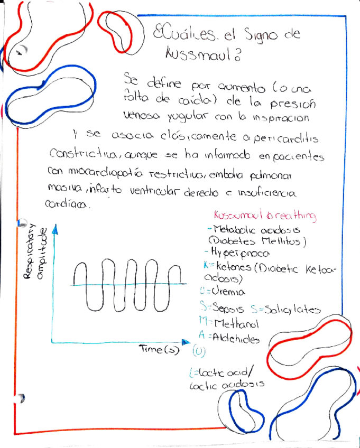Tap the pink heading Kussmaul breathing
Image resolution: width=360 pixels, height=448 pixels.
[265, 216]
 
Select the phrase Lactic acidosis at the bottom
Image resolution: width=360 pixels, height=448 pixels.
[226, 386]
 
